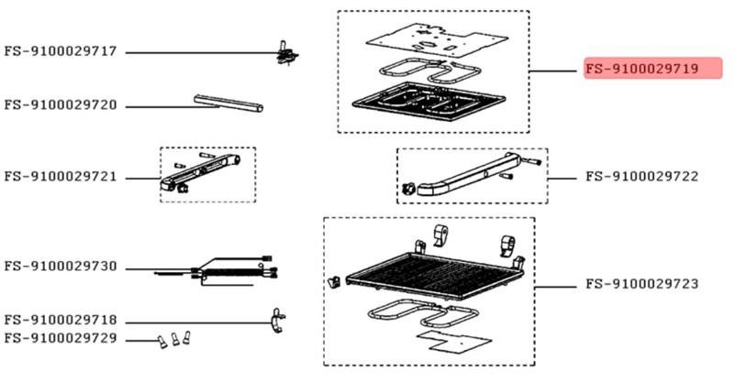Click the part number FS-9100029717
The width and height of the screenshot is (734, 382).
pyautogui.click(x=61, y=52)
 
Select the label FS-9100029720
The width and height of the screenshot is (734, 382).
pyautogui.click(x=61, y=106)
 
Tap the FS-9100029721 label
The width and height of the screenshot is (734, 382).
pyautogui.click(x=61, y=176)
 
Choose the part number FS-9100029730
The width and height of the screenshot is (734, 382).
pyautogui.click(x=61, y=267)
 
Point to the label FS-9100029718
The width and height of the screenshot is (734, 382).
pyautogui.click(x=61, y=322)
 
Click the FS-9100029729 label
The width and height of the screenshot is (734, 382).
pyautogui.click(x=61, y=339)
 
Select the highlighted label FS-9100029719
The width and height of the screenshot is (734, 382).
pyautogui.click(x=652, y=69)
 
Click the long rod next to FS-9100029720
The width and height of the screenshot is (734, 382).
pyautogui.click(x=229, y=102)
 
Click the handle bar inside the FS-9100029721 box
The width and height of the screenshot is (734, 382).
pyautogui.click(x=204, y=171)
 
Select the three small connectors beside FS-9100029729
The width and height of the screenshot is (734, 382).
pyautogui.click(x=174, y=340)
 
